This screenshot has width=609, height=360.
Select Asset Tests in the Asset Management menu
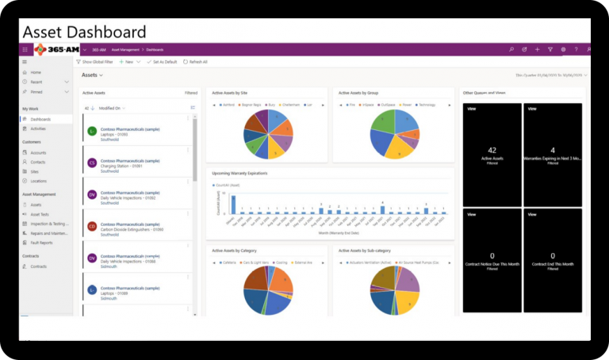point(40,214)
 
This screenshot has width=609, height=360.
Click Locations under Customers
point(38,181)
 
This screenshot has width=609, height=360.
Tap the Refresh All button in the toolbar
point(195,61)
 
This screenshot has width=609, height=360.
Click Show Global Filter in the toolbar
point(95,61)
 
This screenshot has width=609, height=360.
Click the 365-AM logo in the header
point(56,49)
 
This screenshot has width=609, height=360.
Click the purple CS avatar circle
point(92,163)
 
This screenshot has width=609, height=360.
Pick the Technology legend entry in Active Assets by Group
point(426,104)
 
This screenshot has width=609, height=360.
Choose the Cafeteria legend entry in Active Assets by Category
point(229,262)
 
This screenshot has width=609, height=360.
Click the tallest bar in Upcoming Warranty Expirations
point(233,205)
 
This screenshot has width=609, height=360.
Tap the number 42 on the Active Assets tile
point(492,150)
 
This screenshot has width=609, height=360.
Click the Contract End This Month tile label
point(552,263)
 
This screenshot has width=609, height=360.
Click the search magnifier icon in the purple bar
point(511,49)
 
